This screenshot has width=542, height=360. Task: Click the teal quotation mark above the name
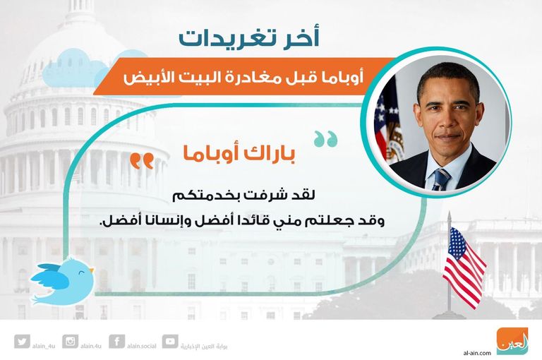coord(325,138)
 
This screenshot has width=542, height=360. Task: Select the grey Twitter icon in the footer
coord(22,342)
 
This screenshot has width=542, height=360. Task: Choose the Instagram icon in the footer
coord(70,342)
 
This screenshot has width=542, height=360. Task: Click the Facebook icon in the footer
coord(118,342)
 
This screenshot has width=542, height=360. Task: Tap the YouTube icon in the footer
coord(169,342)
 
